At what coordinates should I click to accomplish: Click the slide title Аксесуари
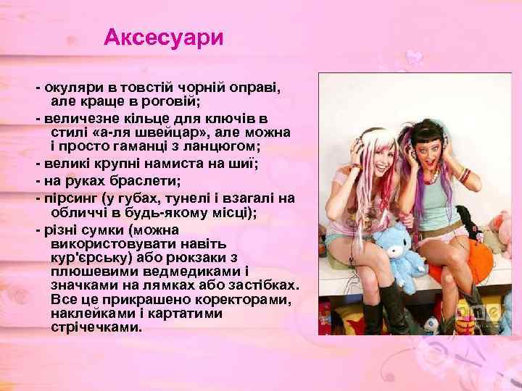point(164,38)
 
